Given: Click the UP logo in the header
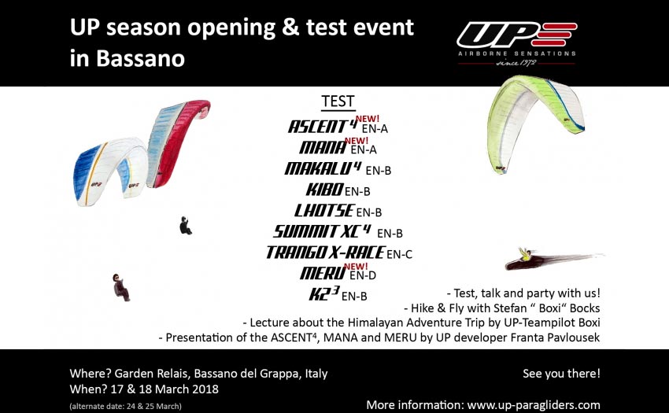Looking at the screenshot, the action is (516, 43).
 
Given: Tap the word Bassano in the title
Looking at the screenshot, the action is (140, 58).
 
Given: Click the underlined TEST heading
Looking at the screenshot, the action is (338, 101).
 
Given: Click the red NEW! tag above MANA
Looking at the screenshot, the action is (357, 140).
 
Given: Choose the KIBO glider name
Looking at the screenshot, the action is (324, 190).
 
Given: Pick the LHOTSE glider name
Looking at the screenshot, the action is (323, 210).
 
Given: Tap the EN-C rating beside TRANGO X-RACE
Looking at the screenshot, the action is (399, 254).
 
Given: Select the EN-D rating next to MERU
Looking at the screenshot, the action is (363, 275).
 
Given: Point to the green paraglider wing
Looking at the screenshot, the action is (535, 123).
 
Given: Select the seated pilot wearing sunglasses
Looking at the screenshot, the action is (120, 287).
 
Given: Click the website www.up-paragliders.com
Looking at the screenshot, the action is (534, 405).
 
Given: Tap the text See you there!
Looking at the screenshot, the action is (561, 374).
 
